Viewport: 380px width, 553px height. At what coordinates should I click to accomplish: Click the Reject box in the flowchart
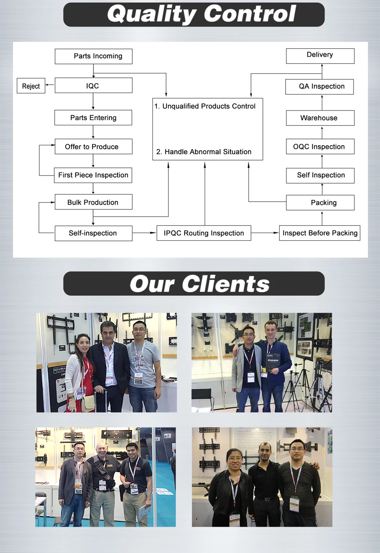pos(31,86)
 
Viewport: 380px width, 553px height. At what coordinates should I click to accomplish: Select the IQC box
pos(93,86)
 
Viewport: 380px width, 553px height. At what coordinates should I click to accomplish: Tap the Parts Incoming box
pos(93,56)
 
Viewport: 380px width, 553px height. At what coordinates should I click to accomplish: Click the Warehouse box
pos(320,118)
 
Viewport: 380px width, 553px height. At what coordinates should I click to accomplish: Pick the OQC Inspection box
pos(320,146)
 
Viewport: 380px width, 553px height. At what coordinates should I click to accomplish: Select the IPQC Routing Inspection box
pos(204,233)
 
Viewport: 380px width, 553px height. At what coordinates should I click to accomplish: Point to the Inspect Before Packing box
pos(320,233)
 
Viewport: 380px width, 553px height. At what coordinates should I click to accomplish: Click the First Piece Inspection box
pos(93,175)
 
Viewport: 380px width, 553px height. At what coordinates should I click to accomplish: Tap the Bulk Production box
pos(93,202)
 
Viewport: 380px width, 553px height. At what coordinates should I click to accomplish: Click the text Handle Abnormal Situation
pos(208,152)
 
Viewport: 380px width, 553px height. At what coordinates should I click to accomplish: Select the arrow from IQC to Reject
pos(50,85)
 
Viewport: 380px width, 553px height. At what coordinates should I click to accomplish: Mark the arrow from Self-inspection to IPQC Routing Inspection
pos(144,233)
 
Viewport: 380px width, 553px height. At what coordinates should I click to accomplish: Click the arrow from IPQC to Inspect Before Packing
pos(265,233)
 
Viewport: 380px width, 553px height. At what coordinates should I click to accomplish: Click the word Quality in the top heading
pos(152,14)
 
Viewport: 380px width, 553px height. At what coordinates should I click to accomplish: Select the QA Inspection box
pos(320,87)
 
